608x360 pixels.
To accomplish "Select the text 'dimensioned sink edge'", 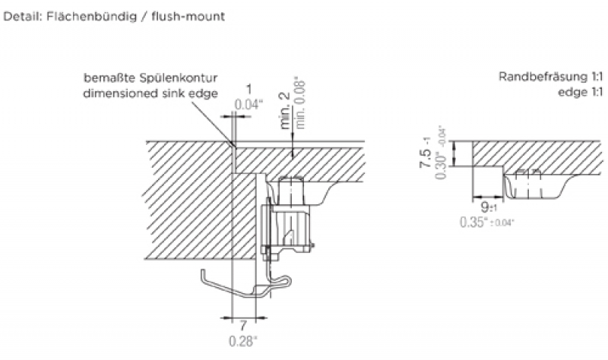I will [x=151, y=93].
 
